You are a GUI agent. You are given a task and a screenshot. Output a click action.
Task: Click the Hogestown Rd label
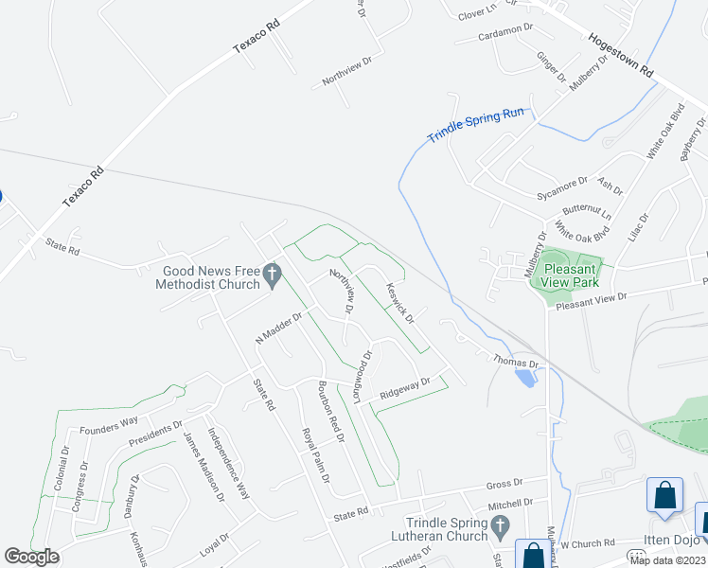pos(621,56)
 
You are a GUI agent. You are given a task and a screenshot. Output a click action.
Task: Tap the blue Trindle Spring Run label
pos(475,125)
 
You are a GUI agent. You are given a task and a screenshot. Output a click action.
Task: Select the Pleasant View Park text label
pos(572,275)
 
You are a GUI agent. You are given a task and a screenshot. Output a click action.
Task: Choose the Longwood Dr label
pos(364,376)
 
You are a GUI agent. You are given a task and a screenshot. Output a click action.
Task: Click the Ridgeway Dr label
pos(405,388)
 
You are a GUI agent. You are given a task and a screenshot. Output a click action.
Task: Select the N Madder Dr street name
pos(277,328)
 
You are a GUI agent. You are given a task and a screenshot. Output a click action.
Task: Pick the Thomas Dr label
pos(515,361)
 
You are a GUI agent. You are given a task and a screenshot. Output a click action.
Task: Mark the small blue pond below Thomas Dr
pos(523,378)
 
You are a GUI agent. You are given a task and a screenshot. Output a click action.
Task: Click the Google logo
pos(31,558)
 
